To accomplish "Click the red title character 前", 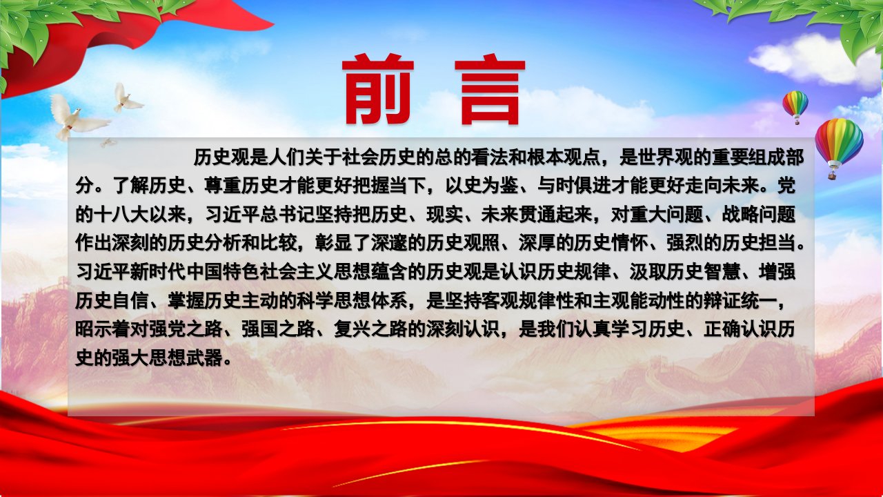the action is point(377,89).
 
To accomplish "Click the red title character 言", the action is point(490,90).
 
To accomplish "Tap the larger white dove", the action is point(77,117).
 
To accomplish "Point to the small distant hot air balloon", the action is point(795,107).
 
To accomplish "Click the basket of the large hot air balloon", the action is point(833,175).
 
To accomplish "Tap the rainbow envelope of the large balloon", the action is point(839,140).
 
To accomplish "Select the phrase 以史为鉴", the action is point(482,186).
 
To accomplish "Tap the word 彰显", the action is point(333,243).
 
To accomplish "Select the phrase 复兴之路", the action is point(370,329).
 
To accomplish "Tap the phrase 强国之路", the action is point(278,329).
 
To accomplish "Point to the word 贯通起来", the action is point(554,215).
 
